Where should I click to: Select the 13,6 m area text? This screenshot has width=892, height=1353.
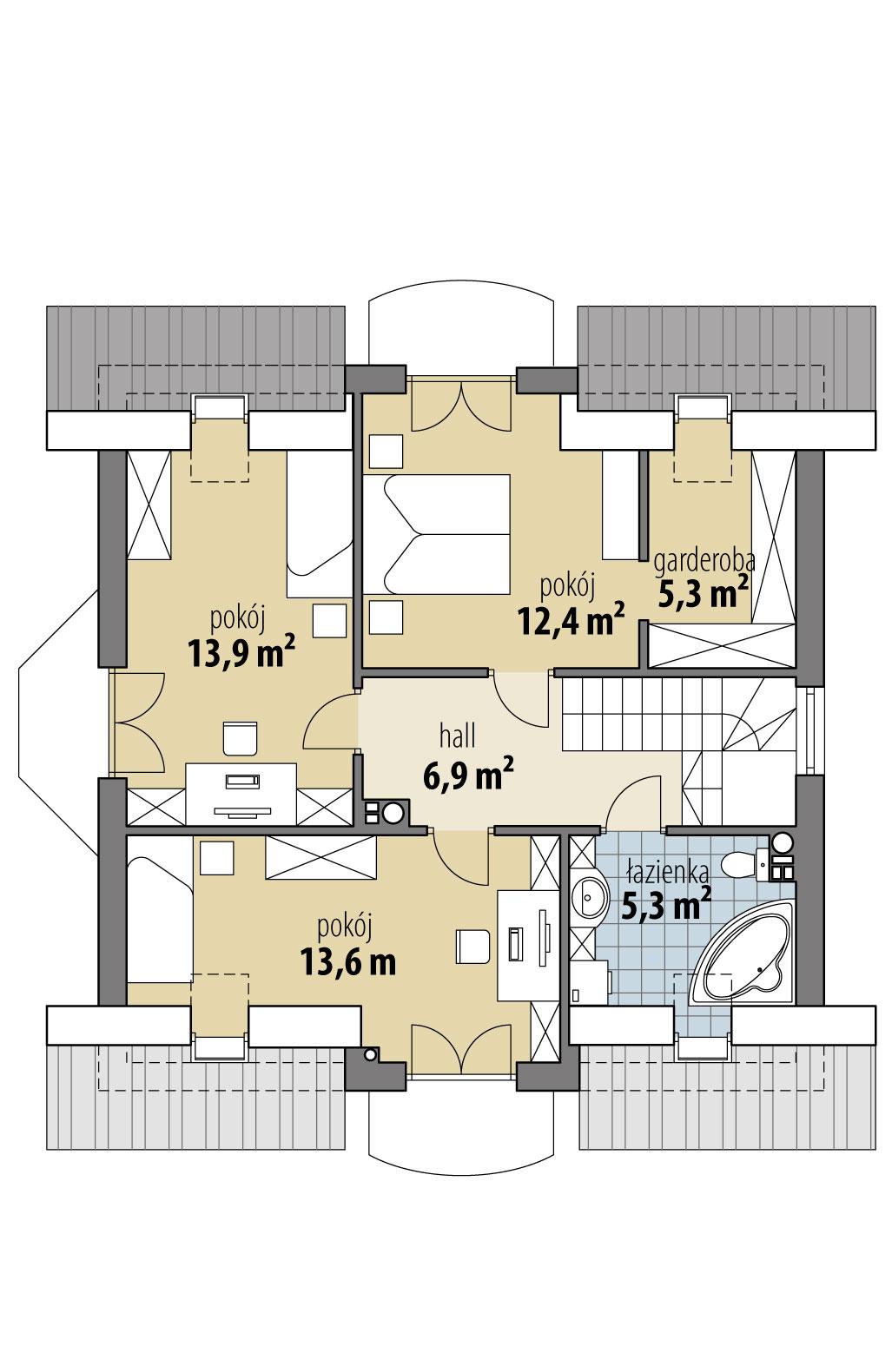point(347,961)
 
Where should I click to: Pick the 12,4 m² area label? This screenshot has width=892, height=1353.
point(571,620)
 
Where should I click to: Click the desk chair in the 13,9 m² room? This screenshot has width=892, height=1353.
point(241,737)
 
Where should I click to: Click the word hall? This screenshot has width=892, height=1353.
point(458,737)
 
